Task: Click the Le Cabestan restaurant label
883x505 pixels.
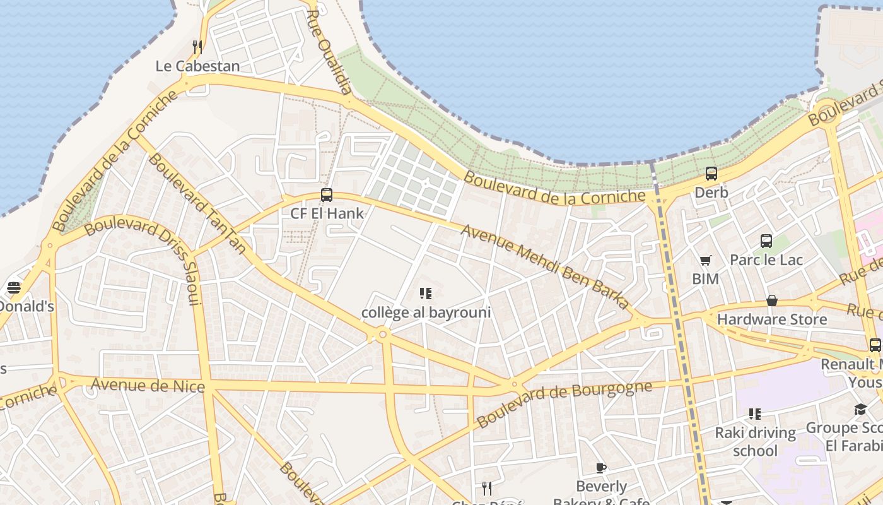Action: point(197,66)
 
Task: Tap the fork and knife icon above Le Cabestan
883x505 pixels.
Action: point(197,47)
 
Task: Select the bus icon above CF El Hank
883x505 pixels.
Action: point(326,195)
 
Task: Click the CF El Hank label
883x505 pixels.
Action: point(327,213)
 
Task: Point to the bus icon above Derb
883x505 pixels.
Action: point(711,174)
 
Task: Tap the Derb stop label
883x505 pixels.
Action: point(711,193)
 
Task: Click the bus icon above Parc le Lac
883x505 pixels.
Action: point(766,241)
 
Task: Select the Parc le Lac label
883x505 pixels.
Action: point(766,259)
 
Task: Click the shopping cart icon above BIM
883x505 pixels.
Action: point(705,260)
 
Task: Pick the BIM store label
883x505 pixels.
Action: point(705,278)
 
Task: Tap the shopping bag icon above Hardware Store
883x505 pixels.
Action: point(771,300)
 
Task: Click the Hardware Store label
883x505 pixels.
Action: point(771,319)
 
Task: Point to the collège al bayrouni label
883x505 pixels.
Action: point(426,312)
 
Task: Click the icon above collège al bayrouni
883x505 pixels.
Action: point(426,294)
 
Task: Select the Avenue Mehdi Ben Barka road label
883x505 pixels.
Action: point(545,266)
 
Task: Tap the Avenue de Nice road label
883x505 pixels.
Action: point(148,385)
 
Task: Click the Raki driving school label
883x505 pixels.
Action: point(755,441)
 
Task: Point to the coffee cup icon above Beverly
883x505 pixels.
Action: point(601,468)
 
